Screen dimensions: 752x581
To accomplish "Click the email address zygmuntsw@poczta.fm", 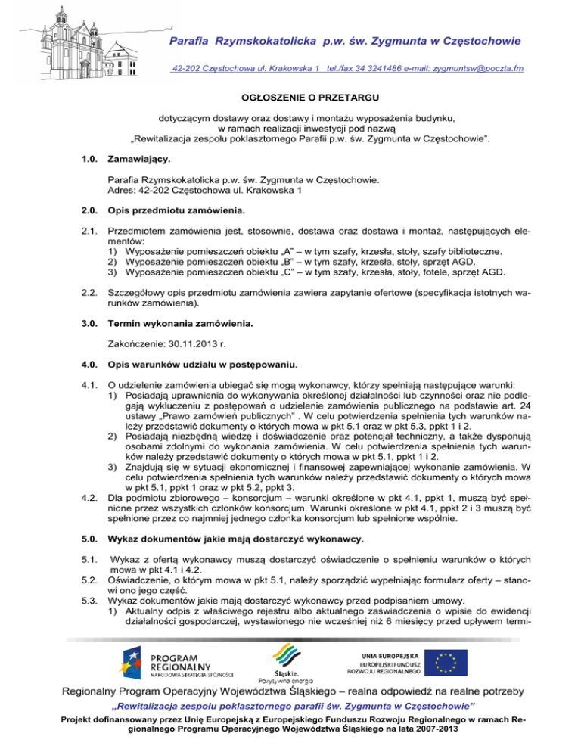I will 477,69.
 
